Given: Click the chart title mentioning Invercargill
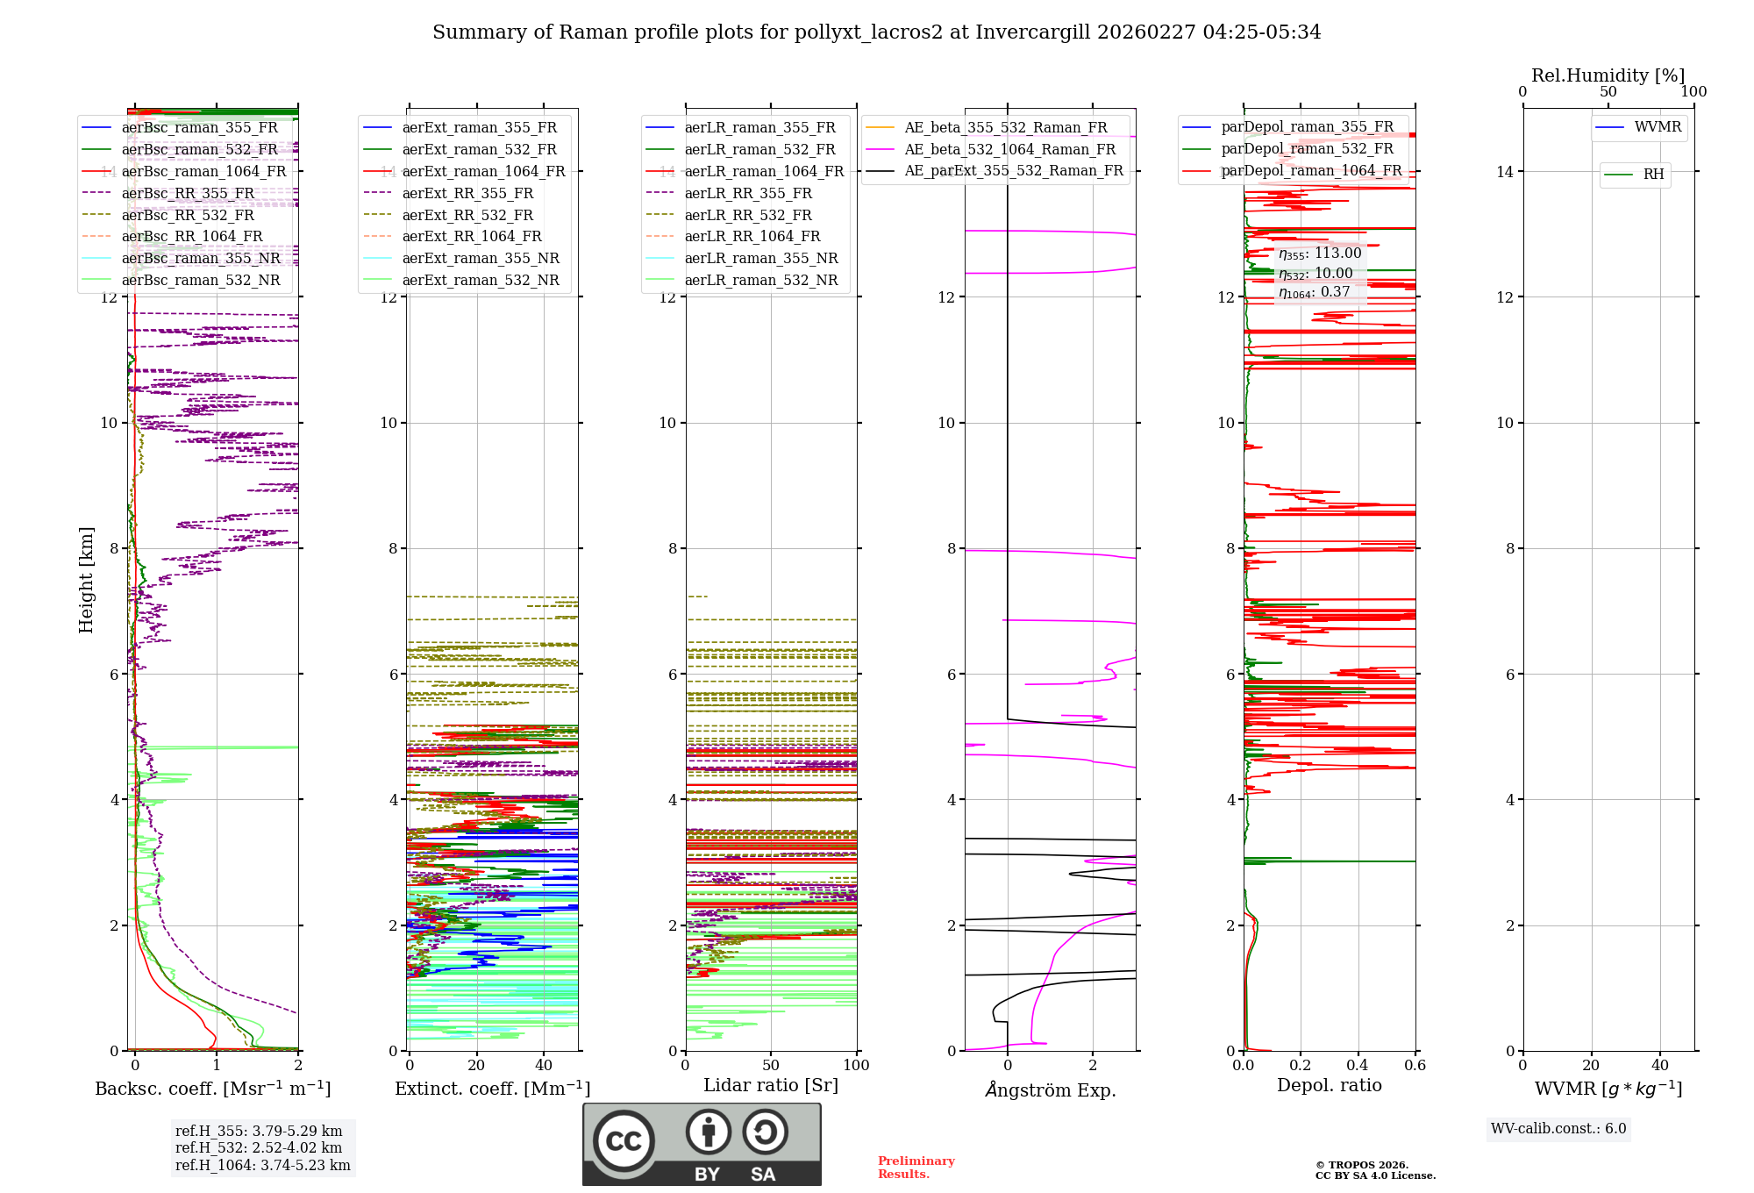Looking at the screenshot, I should pyautogui.click(x=876, y=32).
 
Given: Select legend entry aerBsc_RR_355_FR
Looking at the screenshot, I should pyautogui.click(x=188, y=193).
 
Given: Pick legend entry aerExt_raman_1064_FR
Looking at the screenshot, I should pyautogui.click(x=483, y=171).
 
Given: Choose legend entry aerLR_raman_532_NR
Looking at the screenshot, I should pyautogui.click(x=760, y=280).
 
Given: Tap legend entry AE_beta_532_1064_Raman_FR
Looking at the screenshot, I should pyautogui.click(x=1009, y=149).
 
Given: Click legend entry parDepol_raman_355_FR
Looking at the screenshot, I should pyautogui.click(x=1307, y=127).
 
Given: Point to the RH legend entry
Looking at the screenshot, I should pyautogui.click(x=1653, y=175).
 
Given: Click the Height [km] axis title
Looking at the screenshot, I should pyautogui.click(x=86, y=579).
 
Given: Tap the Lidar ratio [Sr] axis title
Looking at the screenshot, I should pyautogui.click(x=771, y=1085).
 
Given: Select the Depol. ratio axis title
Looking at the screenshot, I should pyautogui.click(x=1329, y=1085).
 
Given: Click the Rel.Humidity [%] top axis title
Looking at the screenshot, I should pyautogui.click(x=1608, y=75).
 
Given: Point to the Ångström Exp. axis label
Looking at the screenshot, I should pyautogui.click(x=1050, y=1089).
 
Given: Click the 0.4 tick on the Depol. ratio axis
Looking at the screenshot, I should pyautogui.click(x=1358, y=1065).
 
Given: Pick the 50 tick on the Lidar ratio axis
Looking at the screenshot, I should pyautogui.click(x=771, y=1065).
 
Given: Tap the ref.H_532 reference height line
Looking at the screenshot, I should pyautogui.click(x=259, y=1147).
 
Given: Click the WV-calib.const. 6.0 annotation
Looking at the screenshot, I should pyautogui.click(x=1558, y=1129).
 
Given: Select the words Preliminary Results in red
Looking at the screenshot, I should pyautogui.click(x=916, y=1167).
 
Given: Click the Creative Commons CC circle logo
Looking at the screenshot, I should pyautogui.click(x=624, y=1141).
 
